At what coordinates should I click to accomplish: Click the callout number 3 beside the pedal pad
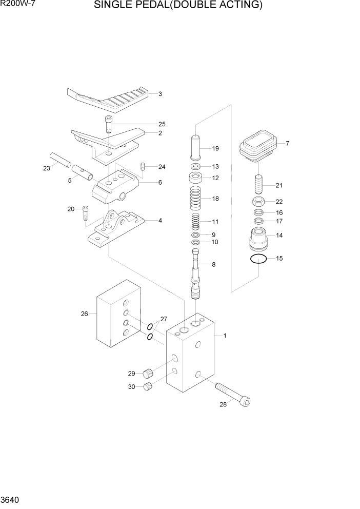[x=160, y=94]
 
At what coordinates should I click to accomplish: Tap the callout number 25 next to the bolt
[x=162, y=124]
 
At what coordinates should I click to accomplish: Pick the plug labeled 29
[x=148, y=373]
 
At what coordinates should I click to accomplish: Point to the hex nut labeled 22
[x=259, y=201]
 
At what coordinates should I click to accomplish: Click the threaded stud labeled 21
[x=259, y=184]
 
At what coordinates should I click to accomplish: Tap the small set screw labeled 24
[x=144, y=166]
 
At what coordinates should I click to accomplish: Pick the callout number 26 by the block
[x=85, y=314]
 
